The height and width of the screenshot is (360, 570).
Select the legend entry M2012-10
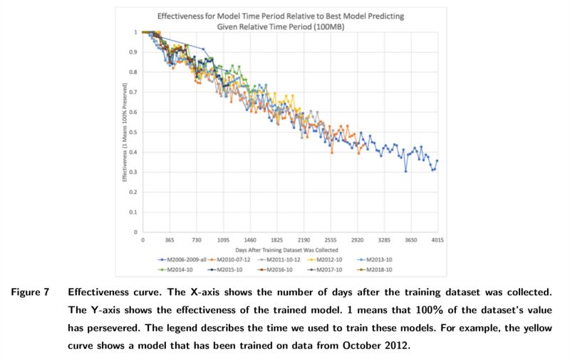pyautogui.click(x=331, y=260)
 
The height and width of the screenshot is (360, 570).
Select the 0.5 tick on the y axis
pyautogui.click(x=134, y=132)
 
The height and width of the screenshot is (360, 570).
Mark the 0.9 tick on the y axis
pyautogui.click(x=134, y=52)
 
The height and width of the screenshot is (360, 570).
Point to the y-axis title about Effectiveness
pyautogui.click(x=125, y=132)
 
